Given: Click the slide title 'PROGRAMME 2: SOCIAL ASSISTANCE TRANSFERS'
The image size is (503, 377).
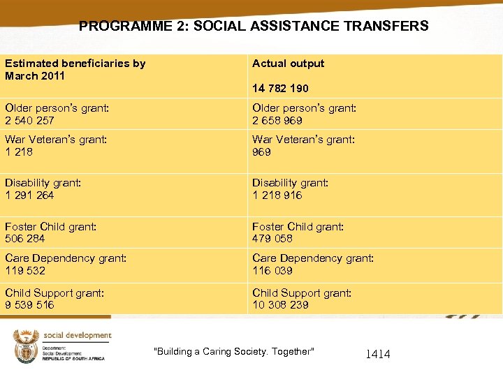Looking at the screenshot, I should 254,27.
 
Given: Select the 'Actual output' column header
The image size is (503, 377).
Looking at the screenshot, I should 288,64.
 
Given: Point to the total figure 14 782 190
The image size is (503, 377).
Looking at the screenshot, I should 280,89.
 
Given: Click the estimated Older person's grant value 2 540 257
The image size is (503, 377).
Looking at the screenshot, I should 29,121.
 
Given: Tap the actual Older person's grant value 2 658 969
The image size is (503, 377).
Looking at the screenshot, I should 277,121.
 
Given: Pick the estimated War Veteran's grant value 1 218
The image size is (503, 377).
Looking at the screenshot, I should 19,152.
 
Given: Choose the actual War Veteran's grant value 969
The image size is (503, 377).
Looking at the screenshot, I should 261,152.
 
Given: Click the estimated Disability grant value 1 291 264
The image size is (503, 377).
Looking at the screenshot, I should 29,195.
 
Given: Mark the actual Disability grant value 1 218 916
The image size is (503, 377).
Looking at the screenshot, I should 277,195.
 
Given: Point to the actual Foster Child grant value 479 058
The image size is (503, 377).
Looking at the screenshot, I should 272,239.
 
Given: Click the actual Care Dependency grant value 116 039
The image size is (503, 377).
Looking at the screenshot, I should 272,271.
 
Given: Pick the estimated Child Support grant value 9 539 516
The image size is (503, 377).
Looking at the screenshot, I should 29,305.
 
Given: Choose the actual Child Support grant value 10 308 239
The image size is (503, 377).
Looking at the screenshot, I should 280,305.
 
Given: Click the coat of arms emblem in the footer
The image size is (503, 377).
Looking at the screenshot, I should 25,346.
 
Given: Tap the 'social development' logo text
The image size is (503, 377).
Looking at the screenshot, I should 78,335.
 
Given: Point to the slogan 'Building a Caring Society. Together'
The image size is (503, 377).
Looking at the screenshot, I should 234,351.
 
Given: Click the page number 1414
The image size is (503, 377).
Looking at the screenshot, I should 378,355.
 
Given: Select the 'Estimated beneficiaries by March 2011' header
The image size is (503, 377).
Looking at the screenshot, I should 75,69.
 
